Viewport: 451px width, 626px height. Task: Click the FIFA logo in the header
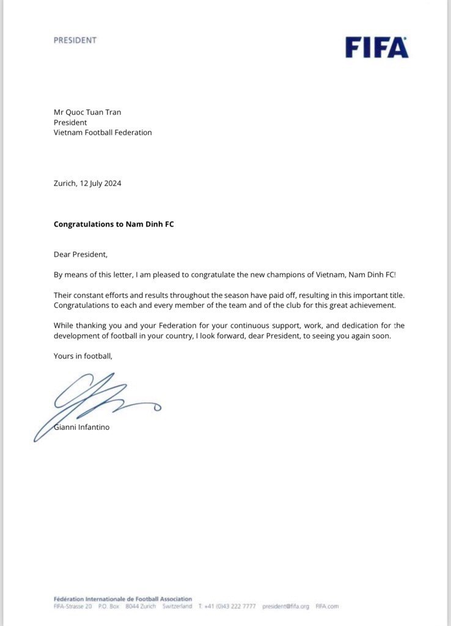pyautogui.click(x=376, y=47)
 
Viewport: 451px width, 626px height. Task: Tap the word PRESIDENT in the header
pyautogui.click(x=75, y=40)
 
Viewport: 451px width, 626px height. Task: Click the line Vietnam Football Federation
pyautogui.click(x=103, y=133)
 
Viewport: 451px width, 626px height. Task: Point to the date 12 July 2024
pyautogui.click(x=100, y=183)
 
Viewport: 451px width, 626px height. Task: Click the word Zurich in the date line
pyautogui.click(x=65, y=183)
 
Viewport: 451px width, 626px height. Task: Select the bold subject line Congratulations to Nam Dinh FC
pyautogui.click(x=114, y=224)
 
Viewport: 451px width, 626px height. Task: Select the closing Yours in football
pyautogui.click(x=83, y=355)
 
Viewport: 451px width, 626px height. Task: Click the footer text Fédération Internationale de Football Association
pyautogui.click(x=122, y=599)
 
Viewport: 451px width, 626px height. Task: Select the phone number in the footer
pyautogui.click(x=230, y=606)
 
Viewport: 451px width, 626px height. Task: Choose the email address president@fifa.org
pyautogui.click(x=285, y=606)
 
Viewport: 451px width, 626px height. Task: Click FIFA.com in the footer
pyautogui.click(x=327, y=606)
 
